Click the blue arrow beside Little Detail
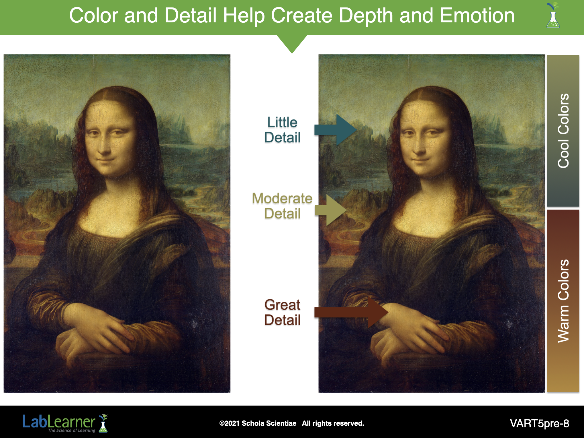coord(336,130)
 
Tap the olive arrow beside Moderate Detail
coord(331,210)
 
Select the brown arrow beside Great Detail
coord(351,312)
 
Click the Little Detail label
coord(282,130)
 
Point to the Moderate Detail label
coord(282,206)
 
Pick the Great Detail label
coord(282,312)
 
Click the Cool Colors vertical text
coord(563,131)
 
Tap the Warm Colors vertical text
coord(563,301)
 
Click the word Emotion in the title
coord(477,15)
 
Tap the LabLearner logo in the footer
coord(65,423)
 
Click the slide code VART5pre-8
coord(540,423)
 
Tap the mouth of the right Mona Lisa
coord(420,160)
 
